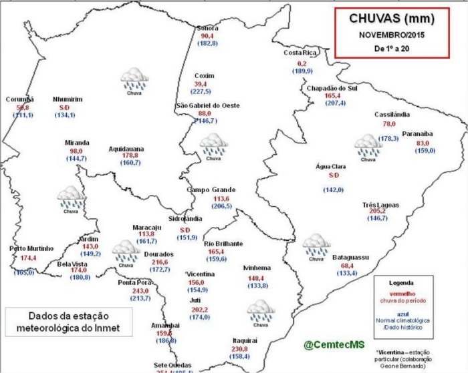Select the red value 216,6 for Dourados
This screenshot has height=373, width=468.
pos(158,263)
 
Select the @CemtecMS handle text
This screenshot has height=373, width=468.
pos(334,344)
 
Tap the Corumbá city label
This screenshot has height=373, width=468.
pos(19,99)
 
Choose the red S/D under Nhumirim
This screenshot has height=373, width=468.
pos(64,107)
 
